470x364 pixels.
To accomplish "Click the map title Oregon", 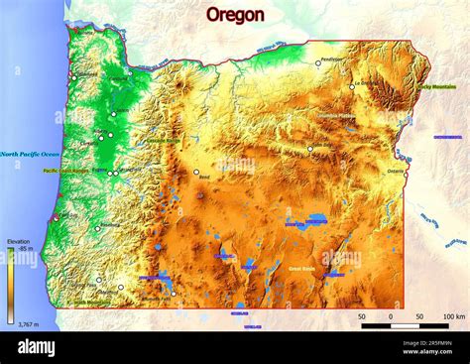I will click(x=235, y=15).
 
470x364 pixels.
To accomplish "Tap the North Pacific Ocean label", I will click(x=30, y=154).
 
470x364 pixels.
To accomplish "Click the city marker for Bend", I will click(x=196, y=173).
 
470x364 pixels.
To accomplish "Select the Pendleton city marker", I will click(x=318, y=63).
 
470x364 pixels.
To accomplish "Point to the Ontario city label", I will click(x=396, y=171).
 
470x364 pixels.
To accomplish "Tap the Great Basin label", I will click(x=301, y=268).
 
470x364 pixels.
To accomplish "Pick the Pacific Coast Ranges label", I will click(x=65, y=171).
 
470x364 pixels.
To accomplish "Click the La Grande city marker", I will click(x=351, y=86).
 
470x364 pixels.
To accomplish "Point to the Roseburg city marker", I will click(x=97, y=228).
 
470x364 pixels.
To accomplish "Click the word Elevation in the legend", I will click(x=18, y=241).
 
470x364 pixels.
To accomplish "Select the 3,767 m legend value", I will click(x=20, y=323).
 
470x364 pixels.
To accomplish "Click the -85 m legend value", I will click(x=24, y=248).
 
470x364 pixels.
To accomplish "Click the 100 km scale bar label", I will click(x=454, y=315).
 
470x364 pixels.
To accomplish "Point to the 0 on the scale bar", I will click(x=391, y=315).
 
